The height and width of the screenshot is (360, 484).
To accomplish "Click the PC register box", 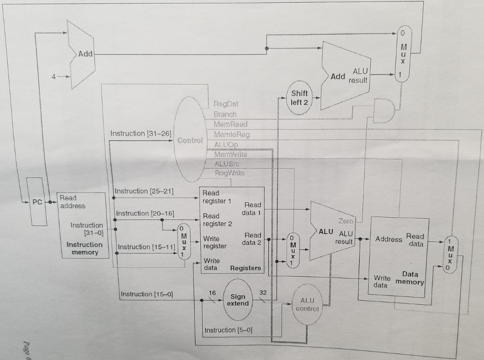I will click(36, 202).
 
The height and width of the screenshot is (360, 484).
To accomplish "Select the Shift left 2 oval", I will click(299, 98).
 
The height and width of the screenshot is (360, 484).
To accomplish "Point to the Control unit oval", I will click(190, 140).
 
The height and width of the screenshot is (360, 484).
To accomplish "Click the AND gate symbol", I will click(384, 111).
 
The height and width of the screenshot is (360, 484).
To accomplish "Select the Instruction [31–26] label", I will click(140, 134).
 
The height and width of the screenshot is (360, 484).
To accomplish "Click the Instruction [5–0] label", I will click(226, 330).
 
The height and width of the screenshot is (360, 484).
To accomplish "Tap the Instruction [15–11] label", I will click(146, 247).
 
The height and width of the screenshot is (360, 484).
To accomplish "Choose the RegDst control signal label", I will click(225, 104).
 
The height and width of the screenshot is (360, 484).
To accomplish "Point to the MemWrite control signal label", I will click(230, 155).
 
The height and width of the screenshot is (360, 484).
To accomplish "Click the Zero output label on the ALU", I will click(346, 221).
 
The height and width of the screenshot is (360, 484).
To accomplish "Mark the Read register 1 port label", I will click(216, 197).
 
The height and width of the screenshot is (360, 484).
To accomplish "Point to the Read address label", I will click(73, 202).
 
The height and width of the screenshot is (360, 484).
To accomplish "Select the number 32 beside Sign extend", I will click(263, 293).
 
